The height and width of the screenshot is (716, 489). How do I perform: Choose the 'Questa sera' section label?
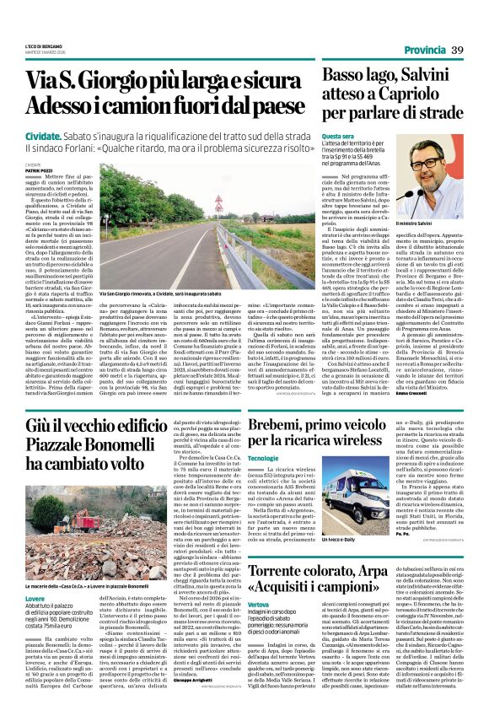tap(337, 136)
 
